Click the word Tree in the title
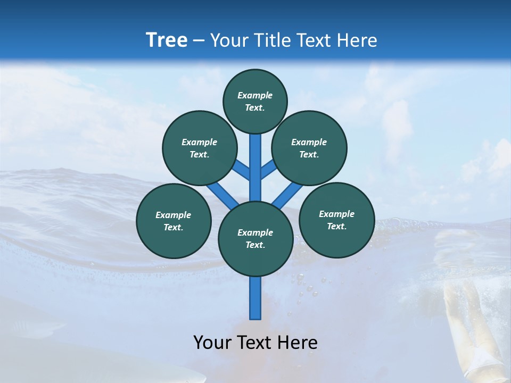coord(167,40)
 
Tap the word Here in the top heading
coord(357,40)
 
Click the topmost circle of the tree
coord(255,101)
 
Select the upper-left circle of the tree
coord(200,148)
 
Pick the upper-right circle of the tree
coord(309,148)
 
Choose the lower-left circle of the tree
coord(174,221)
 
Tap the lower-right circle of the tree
coord(336,220)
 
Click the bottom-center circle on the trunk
coord(256,239)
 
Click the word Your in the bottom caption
coord(212,343)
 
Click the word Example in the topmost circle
coord(255,95)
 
